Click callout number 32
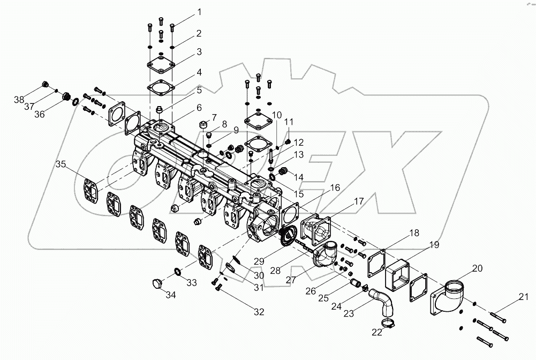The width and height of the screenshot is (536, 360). [259, 311]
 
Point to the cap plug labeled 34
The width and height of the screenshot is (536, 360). [157, 283]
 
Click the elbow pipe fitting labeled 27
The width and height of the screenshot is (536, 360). [325, 256]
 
